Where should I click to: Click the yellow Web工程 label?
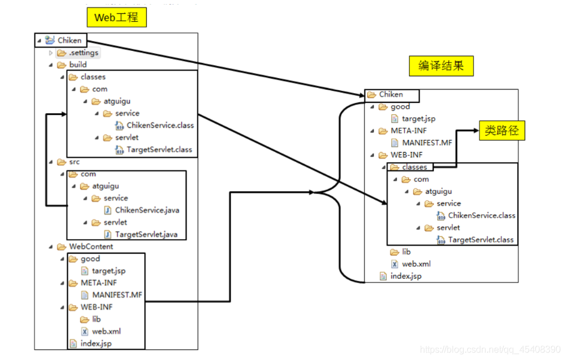coord(116,17)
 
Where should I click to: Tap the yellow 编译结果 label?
coord(440,66)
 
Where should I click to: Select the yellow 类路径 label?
coord(502,131)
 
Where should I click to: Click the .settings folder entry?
coord(83,53)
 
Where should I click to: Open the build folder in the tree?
coord(77,65)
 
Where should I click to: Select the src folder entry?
coord(74,162)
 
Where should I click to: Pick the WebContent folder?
coord(91,246)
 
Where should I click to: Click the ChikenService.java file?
coord(147,210)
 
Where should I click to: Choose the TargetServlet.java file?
coord(146,234)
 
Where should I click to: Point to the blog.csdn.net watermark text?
coord(490,349)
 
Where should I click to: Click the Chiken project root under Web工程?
coord(69,40)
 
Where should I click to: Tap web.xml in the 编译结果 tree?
coord(416,263)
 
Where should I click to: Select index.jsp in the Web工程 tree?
coord(95,343)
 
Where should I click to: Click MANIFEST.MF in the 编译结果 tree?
coord(427,142)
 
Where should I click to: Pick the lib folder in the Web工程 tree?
coord(96,319)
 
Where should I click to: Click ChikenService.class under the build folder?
coord(160,125)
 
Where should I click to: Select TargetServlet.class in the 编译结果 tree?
coord(481,239)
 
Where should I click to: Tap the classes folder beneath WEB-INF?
coord(414,167)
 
